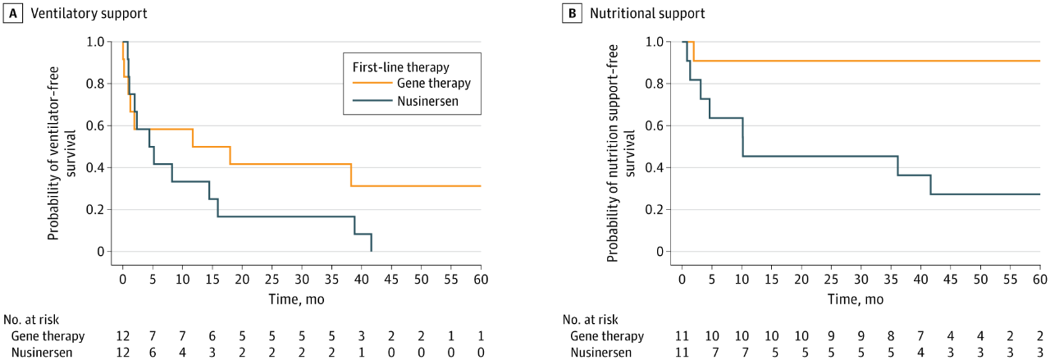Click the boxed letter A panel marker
[11, 13]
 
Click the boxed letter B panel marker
[571, 13]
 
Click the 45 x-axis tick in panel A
[391, 280]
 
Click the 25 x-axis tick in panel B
[831, 280]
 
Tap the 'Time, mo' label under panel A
[296, 299]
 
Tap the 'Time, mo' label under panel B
[856, 299]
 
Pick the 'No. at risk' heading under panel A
[30, 320]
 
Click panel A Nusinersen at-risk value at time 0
[123, 352]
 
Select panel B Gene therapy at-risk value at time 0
[682, 336]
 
